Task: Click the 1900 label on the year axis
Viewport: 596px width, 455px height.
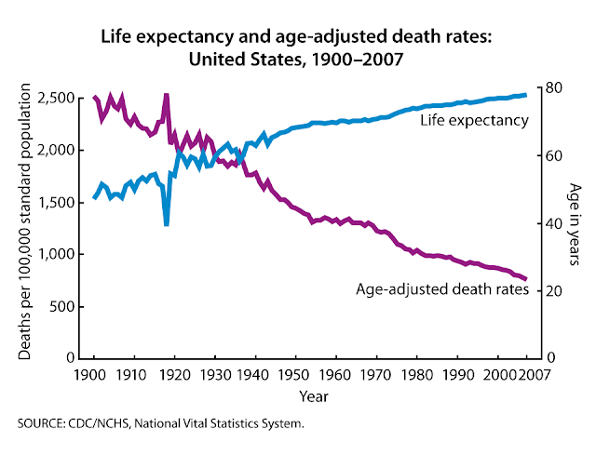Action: (x=93, y=374)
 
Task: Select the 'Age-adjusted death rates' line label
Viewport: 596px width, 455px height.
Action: (x=442, y=289)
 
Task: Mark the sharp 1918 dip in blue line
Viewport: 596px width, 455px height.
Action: (x=166, y=223)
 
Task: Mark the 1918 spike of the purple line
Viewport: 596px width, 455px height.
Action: (x=166, y=95)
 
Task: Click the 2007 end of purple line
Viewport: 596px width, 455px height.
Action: (x=525, y=279)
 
